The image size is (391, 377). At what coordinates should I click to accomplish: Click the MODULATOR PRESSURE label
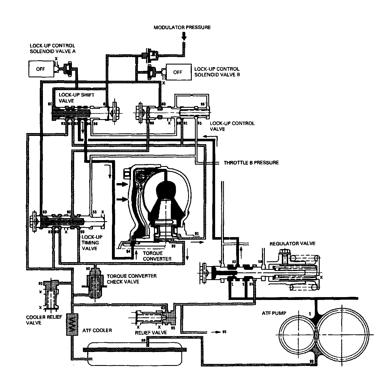point(182,28)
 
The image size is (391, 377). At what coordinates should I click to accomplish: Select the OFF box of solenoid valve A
point(41,69)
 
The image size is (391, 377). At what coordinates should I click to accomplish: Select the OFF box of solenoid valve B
point(178,72)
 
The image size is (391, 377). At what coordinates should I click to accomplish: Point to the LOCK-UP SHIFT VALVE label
point(72,98)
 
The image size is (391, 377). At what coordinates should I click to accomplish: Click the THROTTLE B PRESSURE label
point(251,163)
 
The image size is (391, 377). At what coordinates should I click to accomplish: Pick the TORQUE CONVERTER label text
point(157,256)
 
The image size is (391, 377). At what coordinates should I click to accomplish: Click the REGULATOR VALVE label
point(292,243)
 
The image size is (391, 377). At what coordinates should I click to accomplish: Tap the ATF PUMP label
point(274,313)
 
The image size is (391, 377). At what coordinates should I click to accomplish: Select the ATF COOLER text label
point(97,330)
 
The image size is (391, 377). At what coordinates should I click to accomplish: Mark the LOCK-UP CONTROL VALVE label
point(232,126)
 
